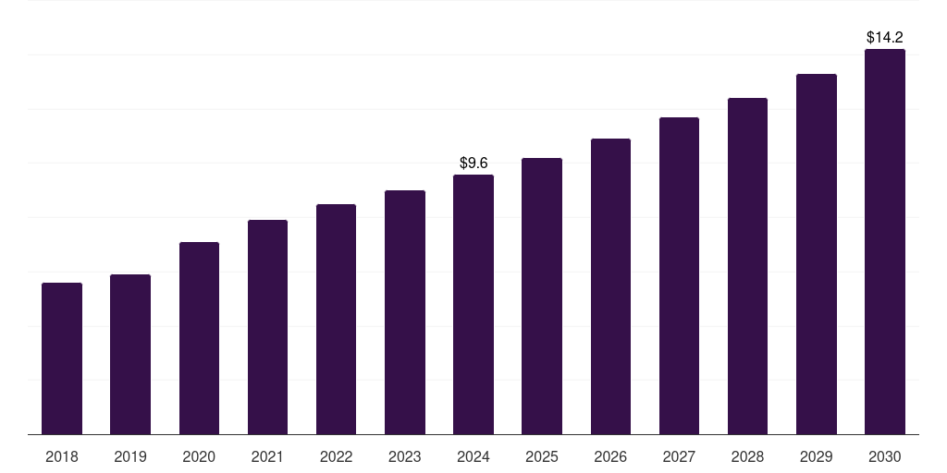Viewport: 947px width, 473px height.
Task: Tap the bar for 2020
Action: tap(199, 338)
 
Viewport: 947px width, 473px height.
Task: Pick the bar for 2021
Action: tap(267, 327)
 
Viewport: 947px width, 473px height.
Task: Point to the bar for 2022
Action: tap(336, 319)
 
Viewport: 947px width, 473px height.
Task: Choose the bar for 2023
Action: tap(405, 312)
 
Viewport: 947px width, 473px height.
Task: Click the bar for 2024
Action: tap(473, 304)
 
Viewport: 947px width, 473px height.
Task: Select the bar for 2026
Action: tap(610, 286)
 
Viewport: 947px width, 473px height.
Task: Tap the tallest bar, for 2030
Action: tap(885, 242)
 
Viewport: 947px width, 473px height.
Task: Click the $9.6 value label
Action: tap(473, 164)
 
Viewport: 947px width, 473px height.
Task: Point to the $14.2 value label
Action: tap(885, 38)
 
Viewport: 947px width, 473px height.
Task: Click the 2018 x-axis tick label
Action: tap(62, 456)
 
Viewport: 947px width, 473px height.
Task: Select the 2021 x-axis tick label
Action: tap(267, 456)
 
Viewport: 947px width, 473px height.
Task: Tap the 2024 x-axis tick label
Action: tap(473, 456)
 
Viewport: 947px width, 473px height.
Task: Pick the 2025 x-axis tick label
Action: tap(542, 456)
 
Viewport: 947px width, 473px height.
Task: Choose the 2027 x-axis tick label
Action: tap(679, 456)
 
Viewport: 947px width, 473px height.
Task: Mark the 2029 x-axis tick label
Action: tap(817, 456)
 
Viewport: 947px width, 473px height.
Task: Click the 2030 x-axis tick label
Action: tap(885, 456)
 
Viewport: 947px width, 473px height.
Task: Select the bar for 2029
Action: tap(817, 254)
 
